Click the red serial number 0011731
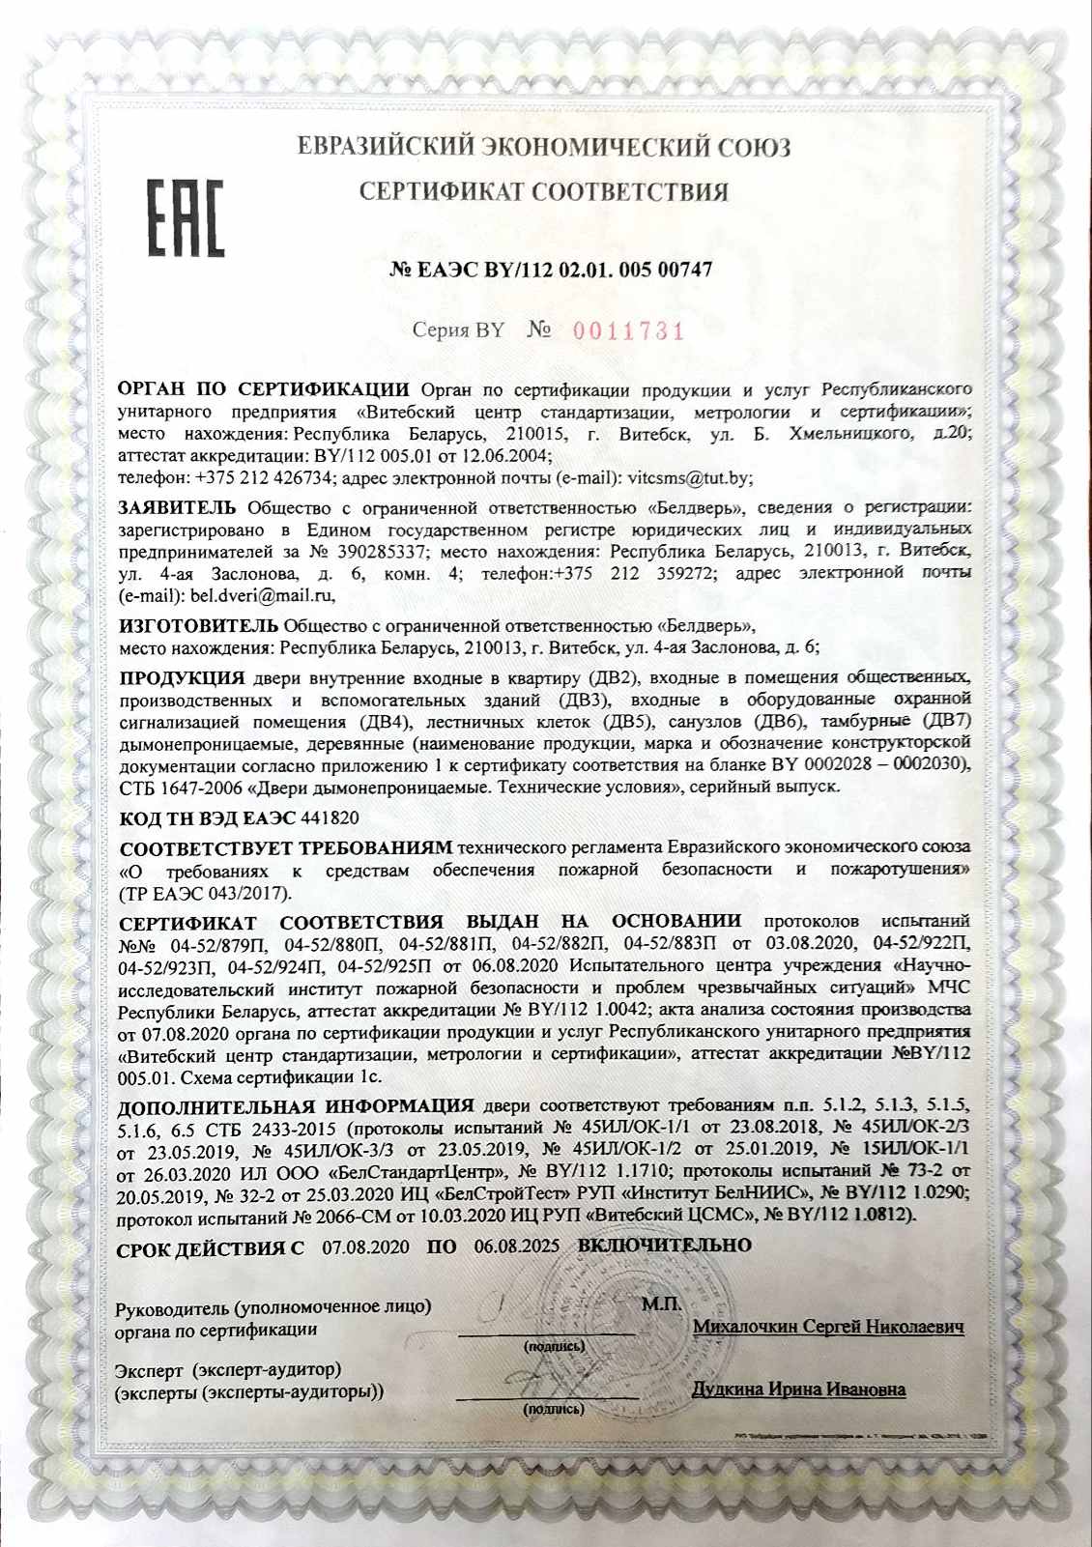coord(629,331)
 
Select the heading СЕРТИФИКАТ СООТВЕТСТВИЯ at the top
coord(544,191)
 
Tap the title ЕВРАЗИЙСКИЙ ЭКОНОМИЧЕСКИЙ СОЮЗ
coord(544,148)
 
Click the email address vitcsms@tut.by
coord(689,477)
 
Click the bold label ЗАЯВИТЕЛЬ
coord(176,507)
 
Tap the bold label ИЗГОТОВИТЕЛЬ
coord(197,625)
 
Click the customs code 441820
coord(330,817)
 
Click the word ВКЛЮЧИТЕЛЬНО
coord(664,1246)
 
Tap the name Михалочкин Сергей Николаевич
coord(828,1327)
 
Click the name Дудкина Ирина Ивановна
coord(798,1389)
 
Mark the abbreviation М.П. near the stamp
coord(661,1303)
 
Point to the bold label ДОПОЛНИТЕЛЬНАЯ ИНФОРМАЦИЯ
coord(296,1105)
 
